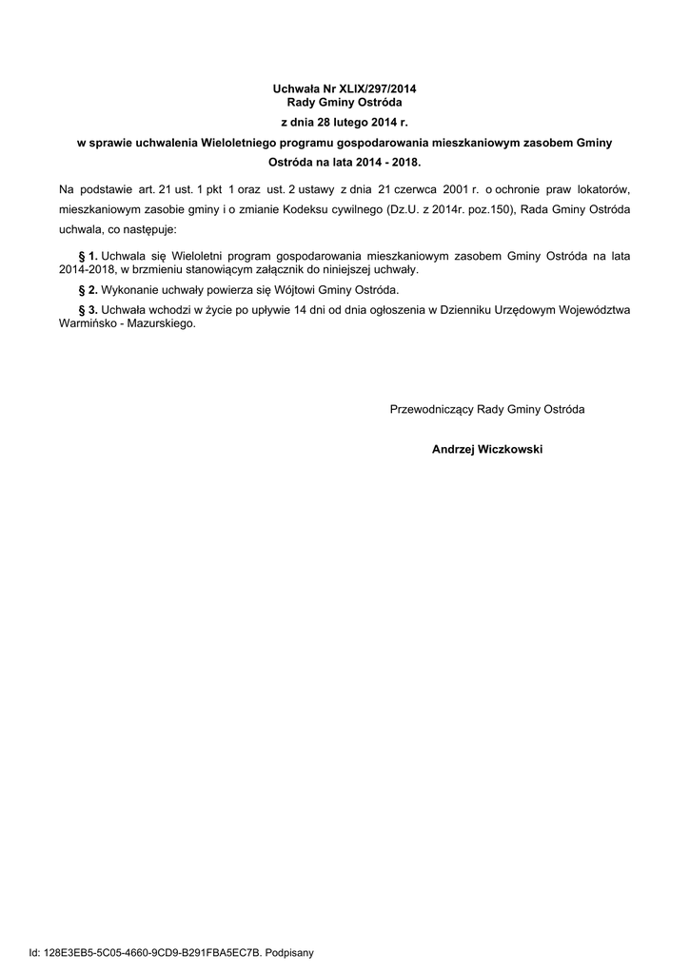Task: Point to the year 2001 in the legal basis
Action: point(453,188)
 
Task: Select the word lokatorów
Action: point(603,188)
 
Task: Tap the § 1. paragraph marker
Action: point(88,256)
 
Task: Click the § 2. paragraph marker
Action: point(88,289)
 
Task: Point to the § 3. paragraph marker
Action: point(88,310)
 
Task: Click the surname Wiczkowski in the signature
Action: point(511,449)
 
